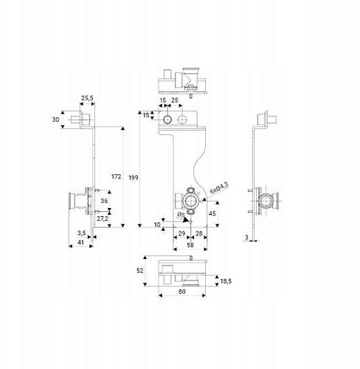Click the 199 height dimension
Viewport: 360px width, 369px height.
pos(134,177)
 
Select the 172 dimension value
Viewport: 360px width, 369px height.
pos(117,176)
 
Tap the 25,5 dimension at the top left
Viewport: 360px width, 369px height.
pos(87,98)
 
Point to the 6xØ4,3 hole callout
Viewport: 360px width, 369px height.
pos(219,187)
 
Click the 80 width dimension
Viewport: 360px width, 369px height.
pos(182,292)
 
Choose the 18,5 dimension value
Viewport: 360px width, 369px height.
pos(226,280)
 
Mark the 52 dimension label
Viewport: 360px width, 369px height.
pos(139,271)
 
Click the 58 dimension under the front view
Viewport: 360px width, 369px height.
pos(190,245)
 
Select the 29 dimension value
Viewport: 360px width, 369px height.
pos(181,233)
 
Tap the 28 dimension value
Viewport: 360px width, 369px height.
pos(198,233)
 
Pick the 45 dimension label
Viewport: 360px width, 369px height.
pos(212,213)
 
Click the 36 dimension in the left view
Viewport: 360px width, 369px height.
pos(104,201)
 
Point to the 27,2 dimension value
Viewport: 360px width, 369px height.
pos(103,218)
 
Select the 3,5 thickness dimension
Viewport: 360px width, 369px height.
pos(82,232)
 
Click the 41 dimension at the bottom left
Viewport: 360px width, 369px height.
pos(80,242)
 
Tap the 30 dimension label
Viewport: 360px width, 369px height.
pos(55,120)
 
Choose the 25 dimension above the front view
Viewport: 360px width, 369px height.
pos(174,100)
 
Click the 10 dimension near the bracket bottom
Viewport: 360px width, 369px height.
pos(157,224)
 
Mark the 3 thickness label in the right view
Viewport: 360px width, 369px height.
pos(246,237)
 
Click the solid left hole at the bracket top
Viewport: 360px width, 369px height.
pos(168,120)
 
